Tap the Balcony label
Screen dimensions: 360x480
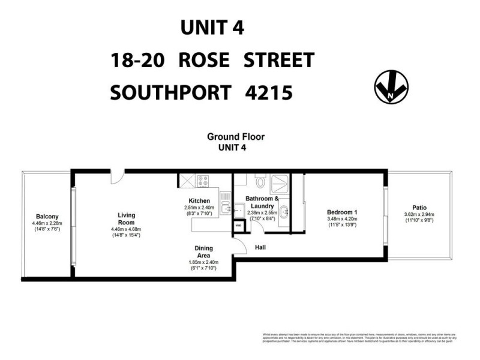pyautogui.click(x=46, y=217)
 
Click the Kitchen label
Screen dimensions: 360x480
pyautogui.click(x=199, y=200)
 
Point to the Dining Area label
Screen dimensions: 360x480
pyautogui.click(x=203, y=251)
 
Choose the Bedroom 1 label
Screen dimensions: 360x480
pyautogui.click(x=342, y=212)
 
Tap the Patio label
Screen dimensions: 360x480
pyautogui.click(x=419, y=208)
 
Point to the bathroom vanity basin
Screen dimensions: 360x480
pyautogui.click(x=284, y=211)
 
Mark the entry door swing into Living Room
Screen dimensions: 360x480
pyautogui.click(x=118, y=176)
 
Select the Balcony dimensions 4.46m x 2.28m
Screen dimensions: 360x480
pyautogui.click(x=46, y=224)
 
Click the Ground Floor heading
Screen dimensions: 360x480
pyautogui.click(x=236, y=137)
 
